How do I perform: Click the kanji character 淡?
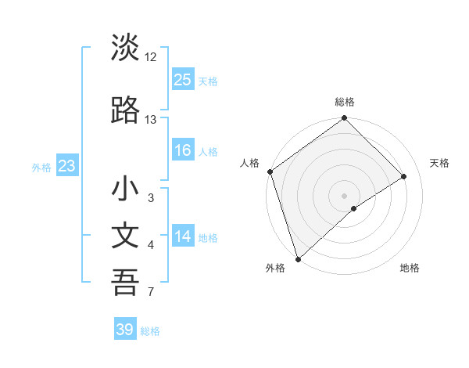[125, 48]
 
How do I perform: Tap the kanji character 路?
[125, 110]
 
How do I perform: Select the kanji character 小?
[125, 189]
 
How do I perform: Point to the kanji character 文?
[125, 236]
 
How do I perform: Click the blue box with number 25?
[182, 79]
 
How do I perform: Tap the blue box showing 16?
[182, 150]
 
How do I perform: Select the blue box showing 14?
[182, 237]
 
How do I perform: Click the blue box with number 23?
[66, 166]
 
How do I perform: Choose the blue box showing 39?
[124, 330]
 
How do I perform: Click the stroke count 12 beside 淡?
[151, 57]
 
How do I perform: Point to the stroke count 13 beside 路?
[151, 120]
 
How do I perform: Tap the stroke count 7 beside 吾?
[151, 293]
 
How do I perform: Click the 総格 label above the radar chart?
[344, 102]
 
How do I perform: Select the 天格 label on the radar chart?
[440, 163]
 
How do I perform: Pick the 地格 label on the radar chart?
[410, 268]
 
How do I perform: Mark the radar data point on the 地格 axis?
[354, 208]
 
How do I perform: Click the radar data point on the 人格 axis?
[270, 171]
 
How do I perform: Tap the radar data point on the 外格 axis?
[298, 258]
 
